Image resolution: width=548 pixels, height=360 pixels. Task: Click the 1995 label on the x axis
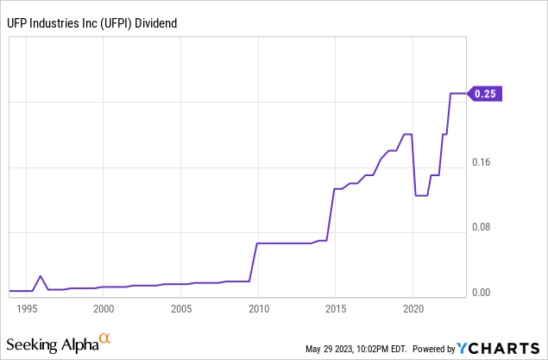click(x=25, y=308)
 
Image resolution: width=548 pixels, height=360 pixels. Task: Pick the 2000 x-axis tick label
click(x=103, y=308)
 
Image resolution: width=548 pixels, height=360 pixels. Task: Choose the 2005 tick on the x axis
click(x=180, y=308)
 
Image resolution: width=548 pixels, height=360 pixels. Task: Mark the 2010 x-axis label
click(x=258, y=308)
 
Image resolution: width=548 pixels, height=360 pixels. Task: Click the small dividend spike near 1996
click(x=41, y=276)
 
